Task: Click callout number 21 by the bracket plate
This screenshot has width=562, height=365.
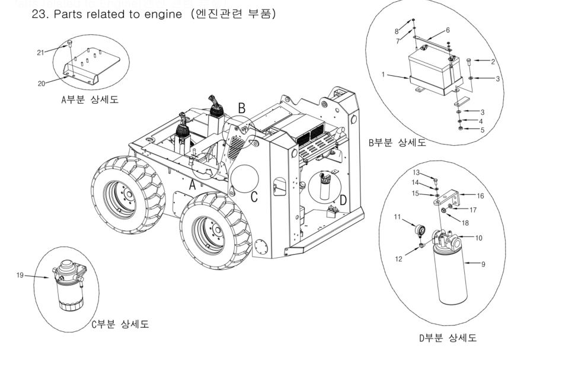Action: pos(40,53)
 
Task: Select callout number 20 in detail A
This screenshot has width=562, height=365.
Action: pos(41,84)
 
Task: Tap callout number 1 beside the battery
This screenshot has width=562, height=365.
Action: pos(384,75)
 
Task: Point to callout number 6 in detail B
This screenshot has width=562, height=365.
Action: pos(448,30)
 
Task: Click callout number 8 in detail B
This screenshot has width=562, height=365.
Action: pos(397,30)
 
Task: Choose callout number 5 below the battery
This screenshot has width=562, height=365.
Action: pos(483,130)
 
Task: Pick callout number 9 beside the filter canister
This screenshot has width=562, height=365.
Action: pos(483,264)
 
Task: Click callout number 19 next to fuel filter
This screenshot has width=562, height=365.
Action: pos(21,275)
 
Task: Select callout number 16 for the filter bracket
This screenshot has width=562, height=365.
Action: pos(480,194)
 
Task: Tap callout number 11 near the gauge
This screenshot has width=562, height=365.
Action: pos(398,217)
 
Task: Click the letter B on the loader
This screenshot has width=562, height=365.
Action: pos(241,108)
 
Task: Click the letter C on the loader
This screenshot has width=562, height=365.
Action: pos(254,197)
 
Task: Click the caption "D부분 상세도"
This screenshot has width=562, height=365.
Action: pos(448,338)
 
